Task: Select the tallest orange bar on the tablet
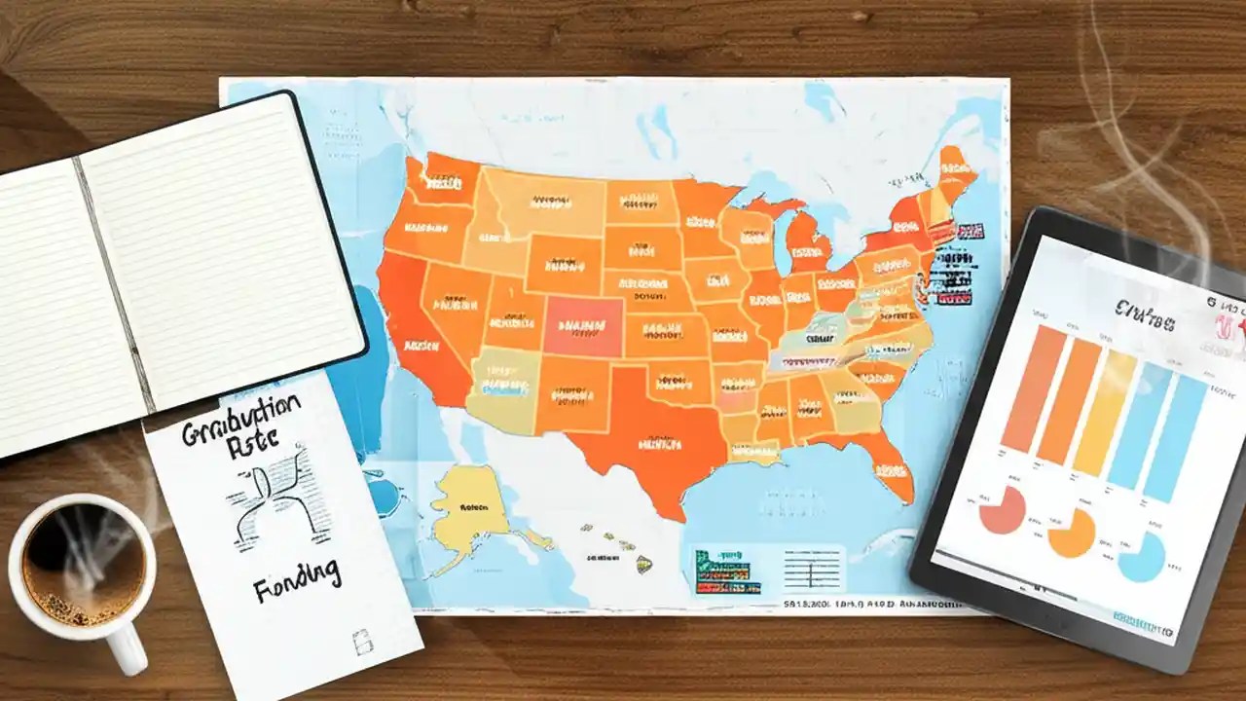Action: [x=1020, y=389]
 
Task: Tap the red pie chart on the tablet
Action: [x=1003, y=510]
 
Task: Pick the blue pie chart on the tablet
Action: [x=1141, y=556]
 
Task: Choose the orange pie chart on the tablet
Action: [x=1071, y=533]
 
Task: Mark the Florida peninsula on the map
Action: [x=891, y=467]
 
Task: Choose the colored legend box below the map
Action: [x=727, y=571]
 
